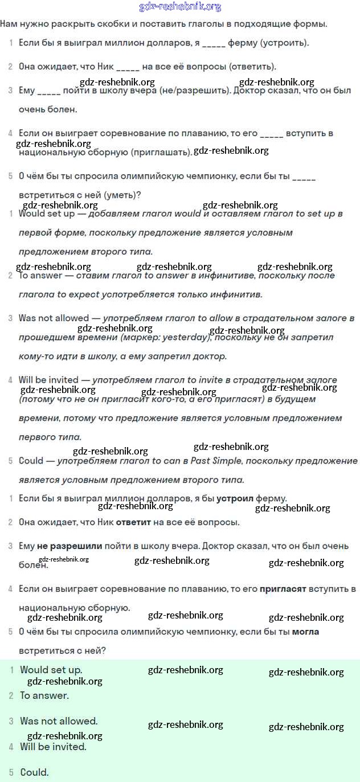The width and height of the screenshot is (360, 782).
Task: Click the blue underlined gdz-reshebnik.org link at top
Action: [180, 7]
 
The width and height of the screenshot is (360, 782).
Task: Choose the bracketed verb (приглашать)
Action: [161, 152]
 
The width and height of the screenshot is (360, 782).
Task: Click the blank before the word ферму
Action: [214, 43]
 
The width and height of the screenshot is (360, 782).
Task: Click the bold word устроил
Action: [235, 498]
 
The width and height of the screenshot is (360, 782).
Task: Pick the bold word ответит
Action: [134, 522]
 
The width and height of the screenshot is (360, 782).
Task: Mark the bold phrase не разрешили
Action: [69, 546]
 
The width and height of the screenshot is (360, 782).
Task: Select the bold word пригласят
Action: [283, 588]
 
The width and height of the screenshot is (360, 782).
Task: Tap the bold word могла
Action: [305, 631]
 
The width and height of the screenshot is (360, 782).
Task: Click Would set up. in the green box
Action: [51, 670]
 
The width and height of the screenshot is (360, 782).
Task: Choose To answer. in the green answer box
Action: [44, 695]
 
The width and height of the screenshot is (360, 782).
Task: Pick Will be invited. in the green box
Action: [54, 746]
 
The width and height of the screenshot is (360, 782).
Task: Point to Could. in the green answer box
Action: [35, 772]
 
